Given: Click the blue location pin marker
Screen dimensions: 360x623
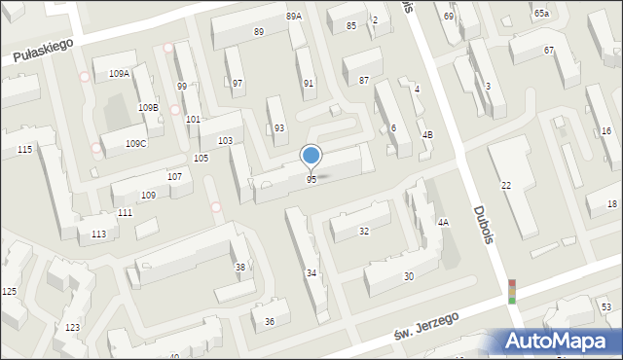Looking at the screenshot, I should [311, 155].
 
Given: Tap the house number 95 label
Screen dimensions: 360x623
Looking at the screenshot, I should [311, 180].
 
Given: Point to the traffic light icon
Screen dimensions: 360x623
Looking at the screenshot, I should [512, 291].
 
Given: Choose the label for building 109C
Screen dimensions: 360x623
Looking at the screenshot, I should [136, 144].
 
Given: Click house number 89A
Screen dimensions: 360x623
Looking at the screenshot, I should [294, 17].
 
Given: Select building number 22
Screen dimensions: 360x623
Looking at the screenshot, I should [506, 186].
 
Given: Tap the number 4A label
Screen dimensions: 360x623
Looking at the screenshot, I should [443, 223].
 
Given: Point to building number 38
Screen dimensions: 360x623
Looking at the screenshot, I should [240, 268].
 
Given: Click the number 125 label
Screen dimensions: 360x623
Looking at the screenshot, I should [9, 292].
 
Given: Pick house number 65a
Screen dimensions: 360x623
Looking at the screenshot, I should [541, 14].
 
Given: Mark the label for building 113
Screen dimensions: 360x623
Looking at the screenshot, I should [98, 234].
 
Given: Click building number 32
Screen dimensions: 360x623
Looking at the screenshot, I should [364, 232].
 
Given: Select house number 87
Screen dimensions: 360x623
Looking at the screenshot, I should [364, 80].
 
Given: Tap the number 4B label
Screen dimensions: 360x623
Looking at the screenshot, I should [427, 133].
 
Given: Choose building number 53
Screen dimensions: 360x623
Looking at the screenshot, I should [605, 307].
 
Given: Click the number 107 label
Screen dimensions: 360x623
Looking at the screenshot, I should [174, 177].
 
